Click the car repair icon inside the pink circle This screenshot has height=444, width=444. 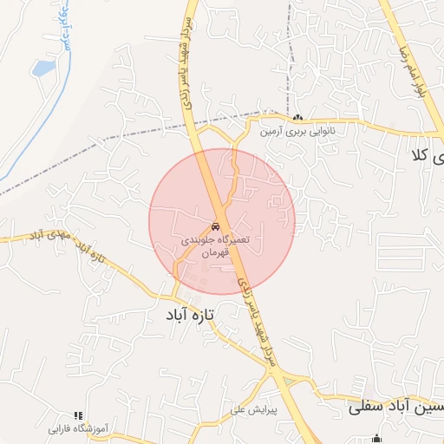[216, 225]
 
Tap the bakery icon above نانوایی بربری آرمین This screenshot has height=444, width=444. [298, 119]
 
